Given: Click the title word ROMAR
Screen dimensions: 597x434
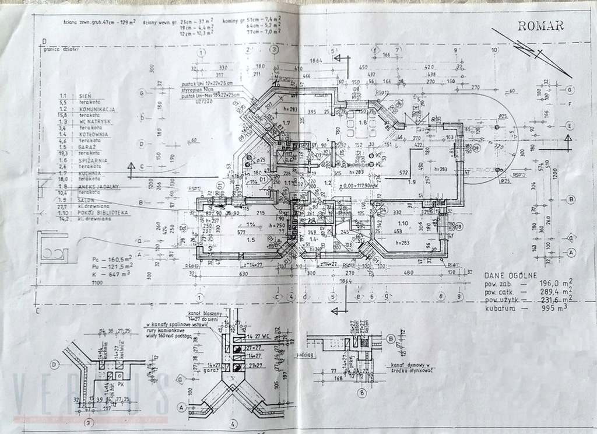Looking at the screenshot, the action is [539, 25].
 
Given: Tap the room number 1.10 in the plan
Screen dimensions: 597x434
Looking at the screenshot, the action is [402, 222].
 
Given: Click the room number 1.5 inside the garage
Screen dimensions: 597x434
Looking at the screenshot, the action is [251, 239].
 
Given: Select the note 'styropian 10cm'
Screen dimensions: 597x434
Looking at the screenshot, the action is [193, 89].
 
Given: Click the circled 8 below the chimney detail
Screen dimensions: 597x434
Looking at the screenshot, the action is [363, 393].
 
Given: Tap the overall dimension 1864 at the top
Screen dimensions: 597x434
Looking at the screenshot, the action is [317, 61].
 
